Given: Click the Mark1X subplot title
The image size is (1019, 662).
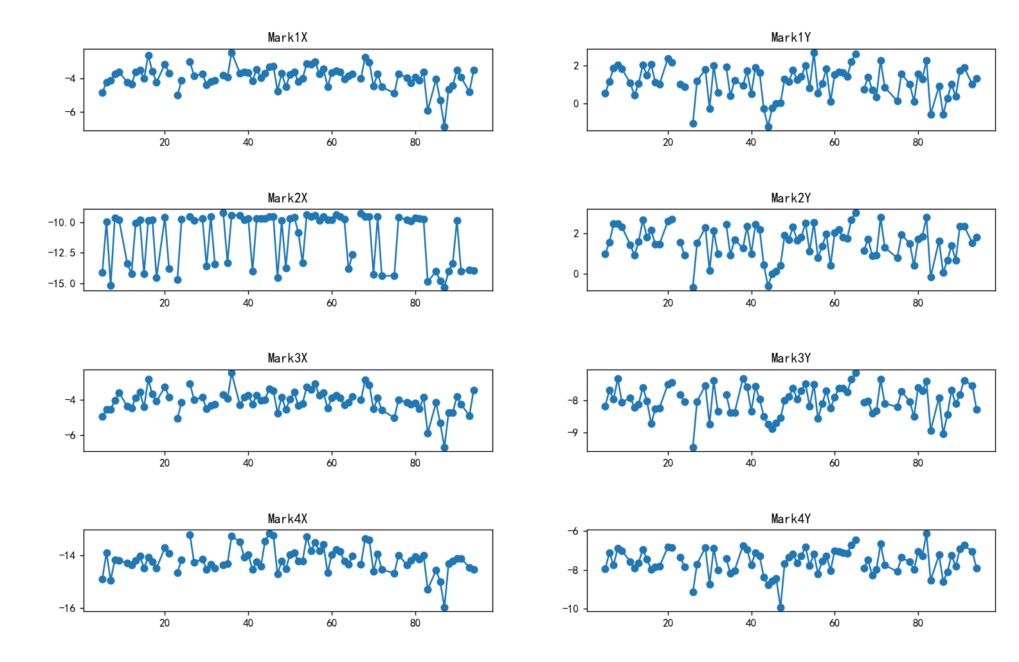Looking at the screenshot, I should [x=287, y=37].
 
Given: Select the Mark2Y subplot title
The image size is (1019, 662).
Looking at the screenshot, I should [x=791, y=198].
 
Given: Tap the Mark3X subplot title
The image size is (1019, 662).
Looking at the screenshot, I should [x=287, y=358].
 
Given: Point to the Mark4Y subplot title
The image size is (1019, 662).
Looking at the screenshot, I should [x=791, y=519].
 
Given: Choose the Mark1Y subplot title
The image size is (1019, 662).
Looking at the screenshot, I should [x=791, y=37].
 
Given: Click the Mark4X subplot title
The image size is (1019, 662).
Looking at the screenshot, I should [x=287, y=519].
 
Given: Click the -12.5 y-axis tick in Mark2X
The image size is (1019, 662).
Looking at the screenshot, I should [x=62, y=253].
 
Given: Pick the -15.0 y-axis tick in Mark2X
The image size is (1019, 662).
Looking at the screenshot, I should [x=62, y=283].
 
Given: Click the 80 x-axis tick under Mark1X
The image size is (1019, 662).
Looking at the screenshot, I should [x=415, y=142].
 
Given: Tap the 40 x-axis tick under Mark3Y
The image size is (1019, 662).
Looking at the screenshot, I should [x=751, y=463].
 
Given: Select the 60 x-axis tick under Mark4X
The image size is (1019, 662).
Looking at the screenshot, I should [x=332, y=623].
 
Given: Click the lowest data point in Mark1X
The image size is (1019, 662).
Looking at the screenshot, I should [x=444, y=127].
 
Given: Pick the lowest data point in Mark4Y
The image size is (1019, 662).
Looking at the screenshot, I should [x=780, y=607].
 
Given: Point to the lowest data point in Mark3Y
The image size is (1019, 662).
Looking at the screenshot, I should [x=693, y=447].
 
